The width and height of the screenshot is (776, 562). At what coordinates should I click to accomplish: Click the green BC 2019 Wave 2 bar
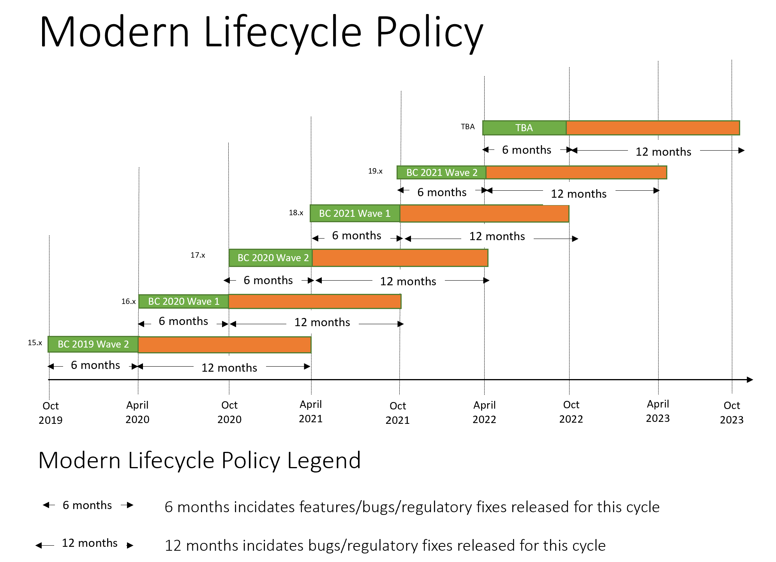pos(93,344)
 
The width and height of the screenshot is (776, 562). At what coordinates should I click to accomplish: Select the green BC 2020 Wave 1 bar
pos(183,301)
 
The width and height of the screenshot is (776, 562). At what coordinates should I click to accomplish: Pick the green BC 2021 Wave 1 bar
pos(355,213)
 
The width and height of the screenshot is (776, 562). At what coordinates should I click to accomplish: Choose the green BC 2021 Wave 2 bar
pos(441,172)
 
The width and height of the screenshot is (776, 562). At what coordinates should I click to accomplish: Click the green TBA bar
pos(524,128)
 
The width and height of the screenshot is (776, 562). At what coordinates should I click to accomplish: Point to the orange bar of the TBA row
pos(653,128)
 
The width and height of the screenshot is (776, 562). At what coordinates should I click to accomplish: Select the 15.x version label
pos(35,342)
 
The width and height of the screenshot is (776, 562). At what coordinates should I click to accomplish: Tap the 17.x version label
pos(198,255)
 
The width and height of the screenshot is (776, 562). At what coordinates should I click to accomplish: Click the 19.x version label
pos(375,171)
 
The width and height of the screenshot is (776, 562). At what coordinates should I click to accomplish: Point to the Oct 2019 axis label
pos(51,413)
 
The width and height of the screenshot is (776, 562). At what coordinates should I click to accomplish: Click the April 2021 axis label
pos(310,411)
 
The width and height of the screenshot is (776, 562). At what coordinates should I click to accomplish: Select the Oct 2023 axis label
pos(732,413)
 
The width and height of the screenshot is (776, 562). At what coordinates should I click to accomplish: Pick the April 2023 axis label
pos(658,411)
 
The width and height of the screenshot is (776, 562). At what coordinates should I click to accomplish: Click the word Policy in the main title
pos(429,33)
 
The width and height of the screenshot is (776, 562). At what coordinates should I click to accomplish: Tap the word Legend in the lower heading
pos(324,460)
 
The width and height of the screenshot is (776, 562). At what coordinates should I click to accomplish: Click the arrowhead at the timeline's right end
pos(750,379)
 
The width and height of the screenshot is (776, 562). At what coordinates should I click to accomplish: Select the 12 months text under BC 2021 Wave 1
pos(497,236)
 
